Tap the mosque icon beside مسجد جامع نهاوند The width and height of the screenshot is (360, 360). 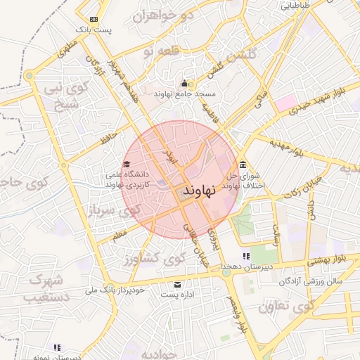pyautogui.click(x=185, y=84)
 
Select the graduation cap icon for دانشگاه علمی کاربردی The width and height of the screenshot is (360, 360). pyautogui.click(x=127, y=165)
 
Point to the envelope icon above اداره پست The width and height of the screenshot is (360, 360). pyautogui.click(x=177, y=285)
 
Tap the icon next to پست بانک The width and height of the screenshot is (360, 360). pyautogui.click(x=95, y=19)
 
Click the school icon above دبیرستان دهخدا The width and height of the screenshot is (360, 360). pyautogui.click(x=245, y=256)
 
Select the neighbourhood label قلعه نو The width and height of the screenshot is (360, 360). pyautogui.click(x=157, y=51)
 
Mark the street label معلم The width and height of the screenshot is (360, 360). pyautogui.click(x=119, y=231)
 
